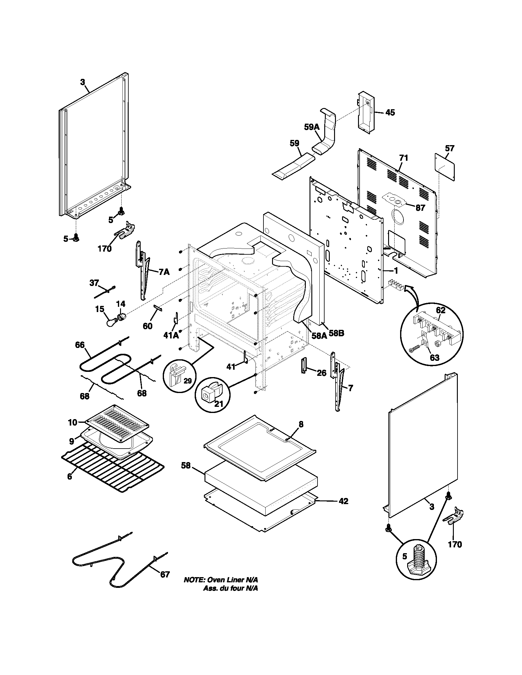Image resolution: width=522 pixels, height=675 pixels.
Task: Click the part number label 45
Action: click(x=390, y=113)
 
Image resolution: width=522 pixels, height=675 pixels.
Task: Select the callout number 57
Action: click(x=449, y=148)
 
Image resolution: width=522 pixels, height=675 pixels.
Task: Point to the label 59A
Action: click(x=311, y=127)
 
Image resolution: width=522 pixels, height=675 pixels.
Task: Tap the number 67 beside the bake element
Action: click(x=165, y=574)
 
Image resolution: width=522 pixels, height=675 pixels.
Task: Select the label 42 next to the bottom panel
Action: click(x=343, y=501)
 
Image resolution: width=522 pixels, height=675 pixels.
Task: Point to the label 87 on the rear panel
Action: click(x=420, y=208)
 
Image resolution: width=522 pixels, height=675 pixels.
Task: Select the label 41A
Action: click(x=171, y=335)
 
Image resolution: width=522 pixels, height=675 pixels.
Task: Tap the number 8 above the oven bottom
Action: click(x=301, y=425)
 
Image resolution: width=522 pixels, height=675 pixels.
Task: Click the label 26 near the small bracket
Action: click(x=321, y=373)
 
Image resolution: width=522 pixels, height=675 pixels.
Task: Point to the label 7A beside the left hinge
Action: click(x=164, y=272)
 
